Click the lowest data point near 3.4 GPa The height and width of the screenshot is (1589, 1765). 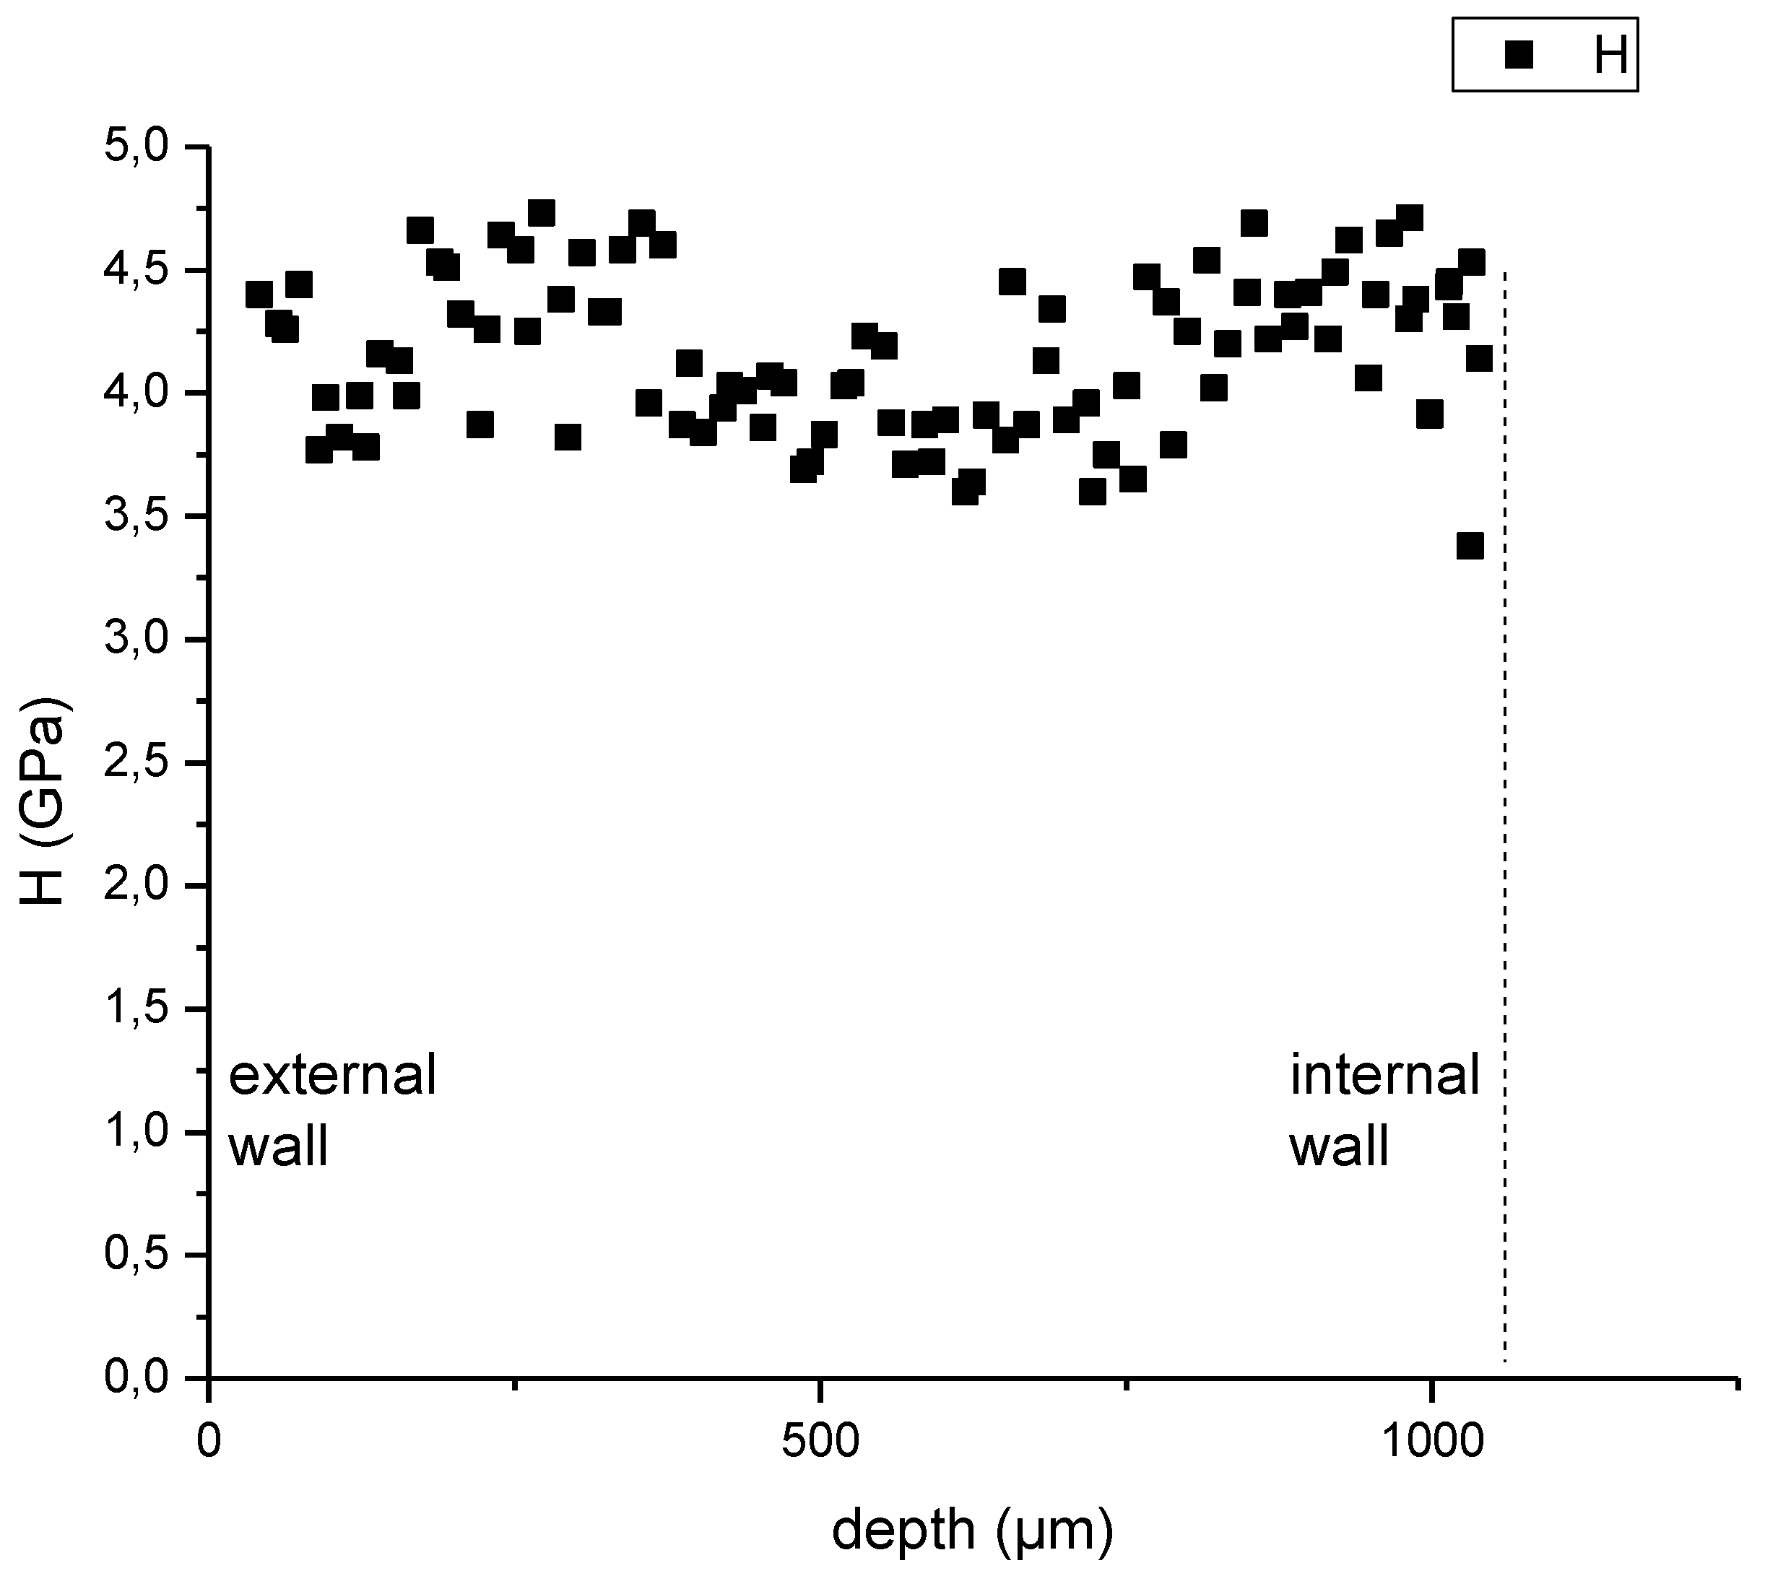coord(1470,547)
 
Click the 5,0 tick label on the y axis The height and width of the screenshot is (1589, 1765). coord(135,147)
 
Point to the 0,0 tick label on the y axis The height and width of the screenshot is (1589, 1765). coord(135,1377)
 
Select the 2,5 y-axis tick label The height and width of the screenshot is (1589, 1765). coord(135,763)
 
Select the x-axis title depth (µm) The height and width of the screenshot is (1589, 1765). coord(973,1530)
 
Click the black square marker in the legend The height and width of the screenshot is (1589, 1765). coord(1519,56)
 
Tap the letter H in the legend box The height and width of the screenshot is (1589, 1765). coord(1610,56)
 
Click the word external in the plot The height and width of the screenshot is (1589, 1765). coord(332,1075)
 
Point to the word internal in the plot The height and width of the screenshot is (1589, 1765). coord(1385,1075)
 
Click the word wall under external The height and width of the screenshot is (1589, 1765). coord(279,1146)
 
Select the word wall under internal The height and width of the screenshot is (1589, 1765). coord(1339,1146)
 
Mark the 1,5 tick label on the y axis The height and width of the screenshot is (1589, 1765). coord(135,1009)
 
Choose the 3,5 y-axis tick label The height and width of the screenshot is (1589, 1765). coord(135,517)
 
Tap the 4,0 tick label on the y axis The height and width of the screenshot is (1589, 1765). coord(135,393)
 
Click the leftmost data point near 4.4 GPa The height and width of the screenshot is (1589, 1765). coord(259,295)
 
